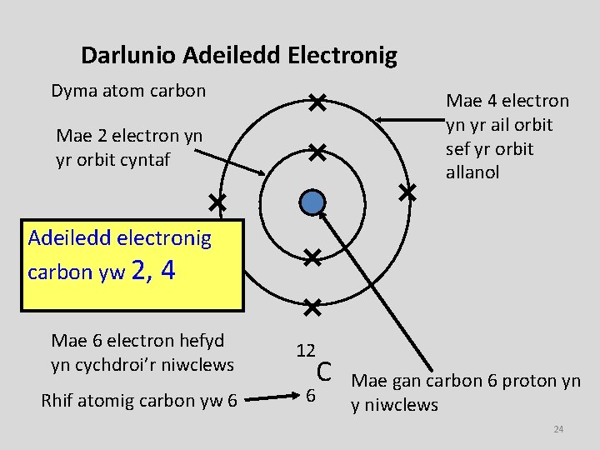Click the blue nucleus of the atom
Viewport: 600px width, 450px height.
[312, 202]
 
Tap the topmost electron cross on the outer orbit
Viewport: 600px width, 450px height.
[316, 103]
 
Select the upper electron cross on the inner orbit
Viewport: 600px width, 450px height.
[316, 152]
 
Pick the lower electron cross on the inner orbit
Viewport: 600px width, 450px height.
[312, 257]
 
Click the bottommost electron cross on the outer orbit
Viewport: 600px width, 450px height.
[312, 307]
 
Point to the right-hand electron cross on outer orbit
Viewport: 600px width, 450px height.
[407, 192]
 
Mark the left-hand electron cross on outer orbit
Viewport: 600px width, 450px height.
[217, 202]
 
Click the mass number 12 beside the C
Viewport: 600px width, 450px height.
[306, 351]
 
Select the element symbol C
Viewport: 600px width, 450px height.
[325, 372]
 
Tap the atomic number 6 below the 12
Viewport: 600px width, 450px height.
[310, 394]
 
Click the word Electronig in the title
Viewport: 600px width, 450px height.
[342, 56]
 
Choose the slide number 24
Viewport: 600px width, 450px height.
[558, 429]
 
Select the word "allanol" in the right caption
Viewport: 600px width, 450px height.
[472, 172]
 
